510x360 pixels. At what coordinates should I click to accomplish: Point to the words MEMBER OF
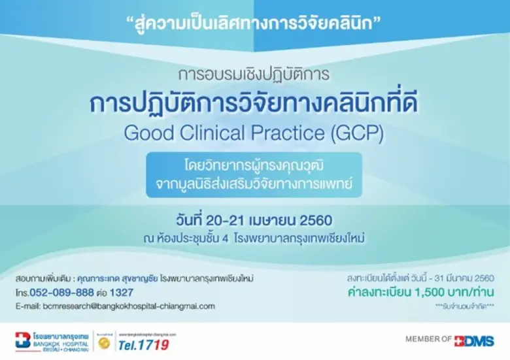coord(429,340)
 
